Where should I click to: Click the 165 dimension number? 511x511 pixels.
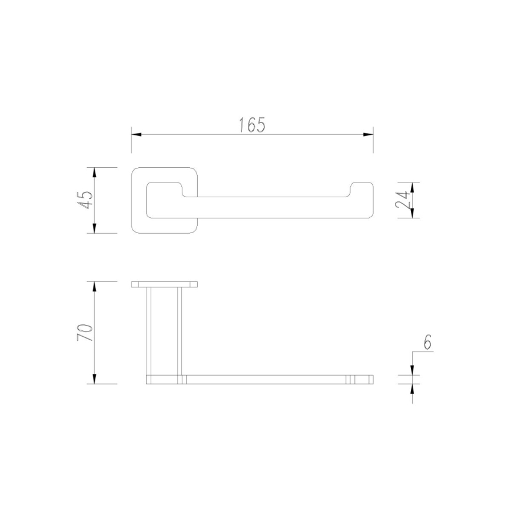[253, 125]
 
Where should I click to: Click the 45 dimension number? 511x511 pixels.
[85, 200]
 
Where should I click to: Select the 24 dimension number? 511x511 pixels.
[403, 200]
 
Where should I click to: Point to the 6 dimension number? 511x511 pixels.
[427, 342]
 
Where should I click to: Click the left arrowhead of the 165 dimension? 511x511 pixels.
[136, 135]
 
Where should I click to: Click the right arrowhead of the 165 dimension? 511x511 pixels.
[368, 135]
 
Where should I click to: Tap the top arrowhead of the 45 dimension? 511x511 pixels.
[95, 172]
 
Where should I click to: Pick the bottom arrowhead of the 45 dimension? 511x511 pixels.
[95, 228]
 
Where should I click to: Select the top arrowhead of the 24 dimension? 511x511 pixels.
[412, 187]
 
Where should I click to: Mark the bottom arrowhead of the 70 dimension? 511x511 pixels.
[95, 379]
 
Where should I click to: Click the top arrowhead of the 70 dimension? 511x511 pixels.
[95, 286]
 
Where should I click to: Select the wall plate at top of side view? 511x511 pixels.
[164, 284]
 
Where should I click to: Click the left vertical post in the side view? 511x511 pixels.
[149, 330]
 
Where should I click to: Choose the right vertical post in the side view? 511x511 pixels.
[180, 330]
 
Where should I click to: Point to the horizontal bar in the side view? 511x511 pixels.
[265, 379]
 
